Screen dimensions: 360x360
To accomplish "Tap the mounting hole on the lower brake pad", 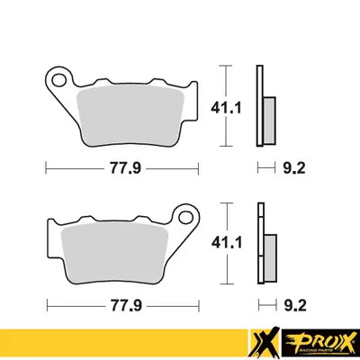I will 188,217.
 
